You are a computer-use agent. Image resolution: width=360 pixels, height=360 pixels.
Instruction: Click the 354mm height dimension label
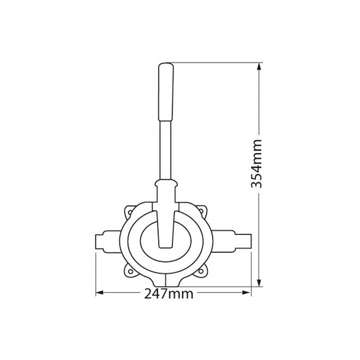[x=256, y=163]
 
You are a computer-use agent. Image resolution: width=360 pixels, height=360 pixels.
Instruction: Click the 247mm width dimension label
[x=169, y=294]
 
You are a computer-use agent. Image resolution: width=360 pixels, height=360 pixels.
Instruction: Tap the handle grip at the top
[x=166, y=92]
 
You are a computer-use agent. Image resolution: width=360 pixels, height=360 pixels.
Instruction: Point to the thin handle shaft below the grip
[x=166, y=150]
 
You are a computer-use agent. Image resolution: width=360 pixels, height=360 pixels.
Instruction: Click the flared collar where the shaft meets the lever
[x=166, y=184]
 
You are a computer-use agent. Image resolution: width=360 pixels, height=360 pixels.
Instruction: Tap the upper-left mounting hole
[x=130, y=212]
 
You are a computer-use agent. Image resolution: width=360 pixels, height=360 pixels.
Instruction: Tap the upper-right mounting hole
[x=202, y=211]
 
